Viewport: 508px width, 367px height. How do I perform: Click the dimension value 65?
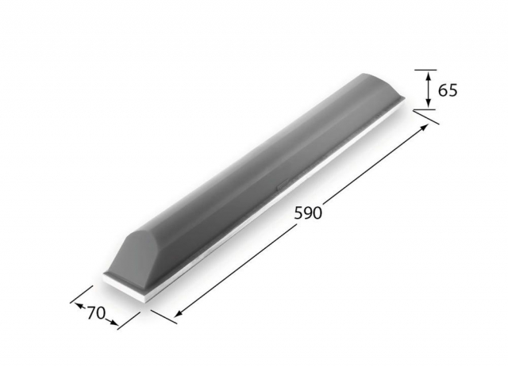448,90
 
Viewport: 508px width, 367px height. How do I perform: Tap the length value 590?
308,213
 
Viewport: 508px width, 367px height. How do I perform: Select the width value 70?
96,313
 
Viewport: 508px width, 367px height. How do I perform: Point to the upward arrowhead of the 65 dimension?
429,76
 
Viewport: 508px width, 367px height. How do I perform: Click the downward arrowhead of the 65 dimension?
429,102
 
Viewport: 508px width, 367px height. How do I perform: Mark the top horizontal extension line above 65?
425,70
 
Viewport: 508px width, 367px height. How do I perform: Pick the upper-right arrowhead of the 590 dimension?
424,128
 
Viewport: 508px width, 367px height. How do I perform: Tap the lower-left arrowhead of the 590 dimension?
179,313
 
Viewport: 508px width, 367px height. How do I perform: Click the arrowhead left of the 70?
79,305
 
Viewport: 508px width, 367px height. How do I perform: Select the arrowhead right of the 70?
113,322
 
